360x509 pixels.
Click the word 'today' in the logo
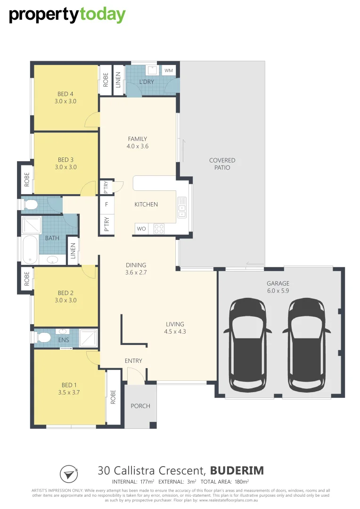tap(102, 15)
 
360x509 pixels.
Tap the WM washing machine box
tap(168, 70)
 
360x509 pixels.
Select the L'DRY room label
tap(147, 82)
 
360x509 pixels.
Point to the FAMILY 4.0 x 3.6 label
tap(138, 142)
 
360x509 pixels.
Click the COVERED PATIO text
tap(222, 164)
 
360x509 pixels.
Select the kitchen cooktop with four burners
tap(159, 229)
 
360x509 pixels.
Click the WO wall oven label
tap(141, 229)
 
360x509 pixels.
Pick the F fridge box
tap(106, 204)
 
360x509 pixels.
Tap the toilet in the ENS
tap(43, 337)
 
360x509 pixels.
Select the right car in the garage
tap(307, 344)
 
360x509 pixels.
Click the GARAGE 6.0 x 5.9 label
tap(278, 287)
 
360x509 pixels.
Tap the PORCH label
tap(140, 406)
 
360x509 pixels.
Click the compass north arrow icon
tap(69, 473)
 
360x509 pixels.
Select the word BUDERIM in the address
tap(237, 470)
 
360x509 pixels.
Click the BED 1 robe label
tap(113, 397)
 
